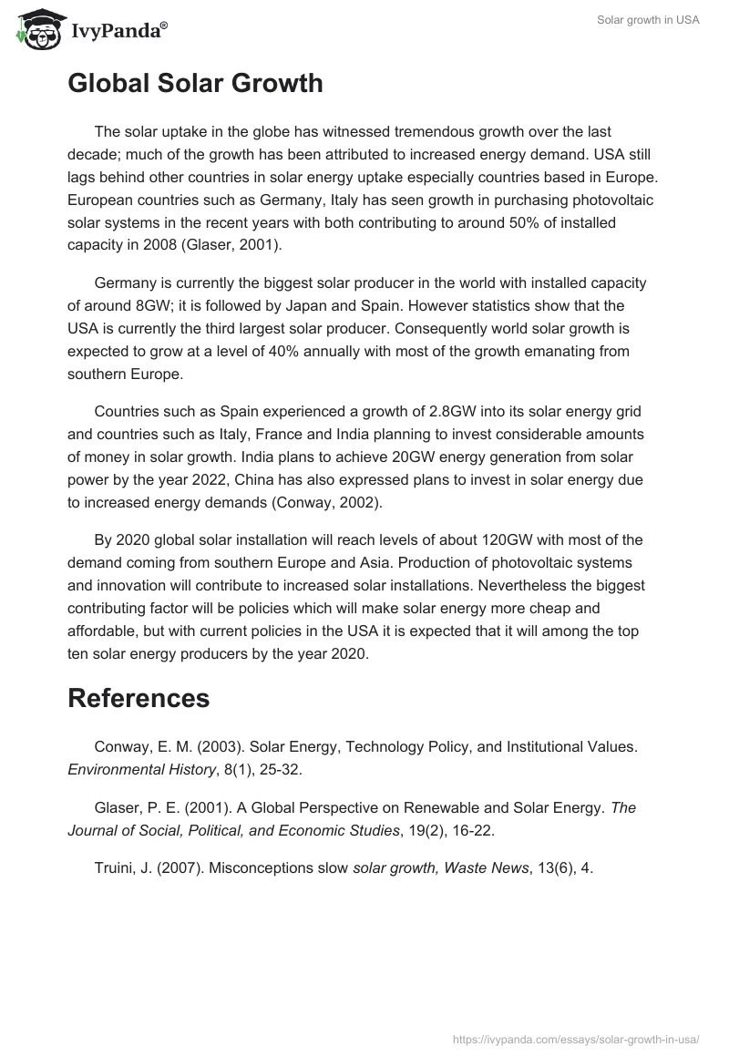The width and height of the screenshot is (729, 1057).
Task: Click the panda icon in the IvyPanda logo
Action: tap(34, 30)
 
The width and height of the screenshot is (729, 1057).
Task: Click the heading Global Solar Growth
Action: tap(195, 84)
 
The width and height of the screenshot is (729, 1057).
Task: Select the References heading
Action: tap(139, 699)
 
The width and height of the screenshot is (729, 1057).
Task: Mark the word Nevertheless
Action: tap(521, 585)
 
